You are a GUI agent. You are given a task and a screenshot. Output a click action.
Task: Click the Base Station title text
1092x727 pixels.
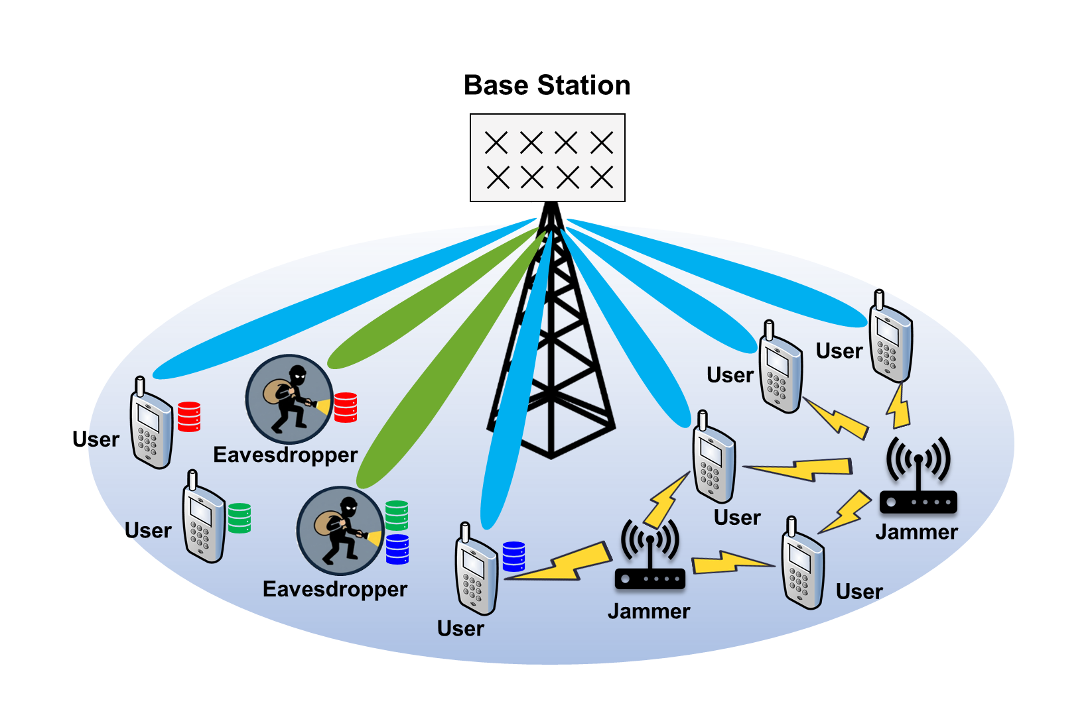point(547,85)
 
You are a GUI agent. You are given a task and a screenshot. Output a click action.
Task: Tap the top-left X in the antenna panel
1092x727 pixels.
point(496,142)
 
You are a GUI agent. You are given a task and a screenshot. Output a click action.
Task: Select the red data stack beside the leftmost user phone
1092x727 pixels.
point(189,417)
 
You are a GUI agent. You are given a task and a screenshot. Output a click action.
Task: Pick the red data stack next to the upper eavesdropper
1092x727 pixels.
point(346,408)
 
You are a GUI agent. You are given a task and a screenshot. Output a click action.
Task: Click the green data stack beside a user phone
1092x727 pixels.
point(239,518)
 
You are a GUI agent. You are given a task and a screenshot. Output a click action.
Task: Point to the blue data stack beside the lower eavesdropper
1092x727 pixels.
point(397,549)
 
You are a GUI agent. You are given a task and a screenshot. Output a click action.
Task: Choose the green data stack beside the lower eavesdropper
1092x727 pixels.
point(397,515)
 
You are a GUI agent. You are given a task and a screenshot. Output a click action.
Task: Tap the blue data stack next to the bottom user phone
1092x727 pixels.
point(514,557)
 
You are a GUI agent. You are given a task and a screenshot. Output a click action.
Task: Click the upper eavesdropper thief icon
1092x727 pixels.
point(289,399)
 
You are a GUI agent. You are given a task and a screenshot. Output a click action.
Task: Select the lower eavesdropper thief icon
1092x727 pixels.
point(340,531)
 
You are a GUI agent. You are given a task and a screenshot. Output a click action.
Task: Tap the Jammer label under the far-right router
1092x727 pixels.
point(917,532)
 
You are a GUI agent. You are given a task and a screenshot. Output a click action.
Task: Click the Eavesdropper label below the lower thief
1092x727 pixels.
point(335,589)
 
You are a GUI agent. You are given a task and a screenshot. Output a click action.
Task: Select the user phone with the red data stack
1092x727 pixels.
point(151,424)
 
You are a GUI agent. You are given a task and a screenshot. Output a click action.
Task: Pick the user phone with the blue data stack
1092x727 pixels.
point(476,570)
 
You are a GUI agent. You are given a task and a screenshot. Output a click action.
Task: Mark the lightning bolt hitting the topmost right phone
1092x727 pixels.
point(898,406)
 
